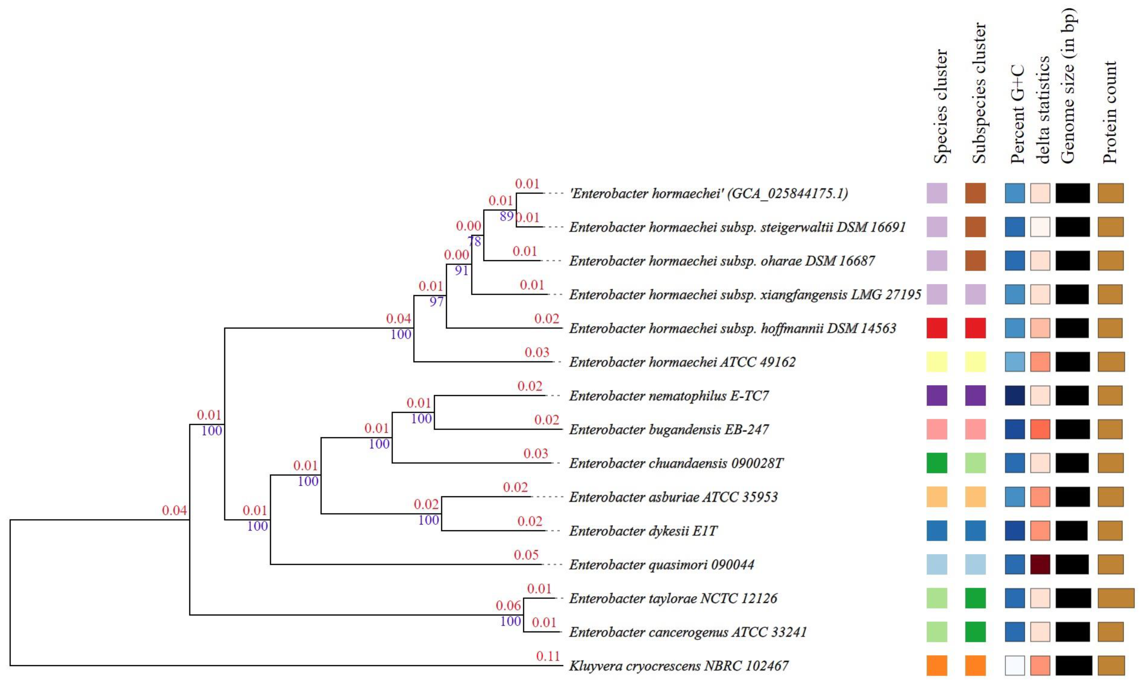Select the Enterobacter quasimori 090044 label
(x=661, y=565)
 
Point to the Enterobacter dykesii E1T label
(x=643, y=531)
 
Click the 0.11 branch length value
(x=547, y=656)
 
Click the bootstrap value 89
(x=506, y=216)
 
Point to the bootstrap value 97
(x=436, y=302)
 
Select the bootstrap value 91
(x=461, y=270)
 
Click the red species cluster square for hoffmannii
(x=937, y=328)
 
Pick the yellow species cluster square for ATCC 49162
(x=937, y=362)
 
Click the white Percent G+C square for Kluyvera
(x=1015, y=665)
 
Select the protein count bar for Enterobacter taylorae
(x=1116, y=598)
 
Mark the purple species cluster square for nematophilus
(x=937, y=395)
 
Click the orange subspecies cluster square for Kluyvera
(x=975, y=665)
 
